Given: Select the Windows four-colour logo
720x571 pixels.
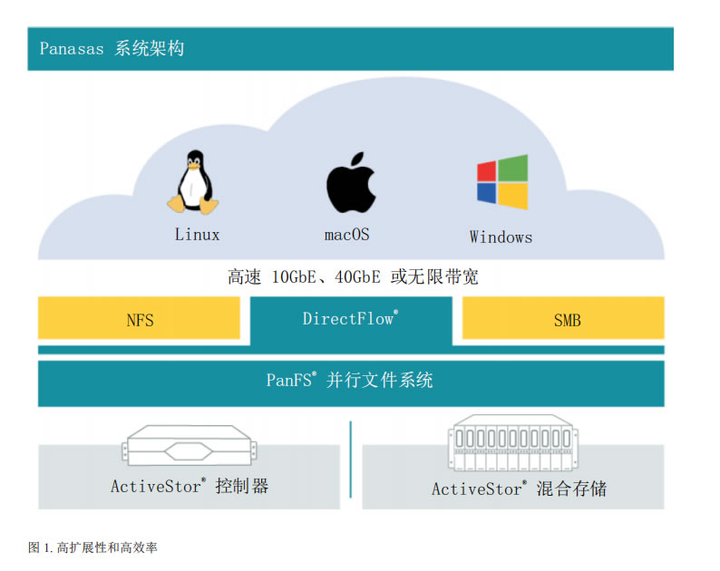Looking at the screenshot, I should [x=501, y=182].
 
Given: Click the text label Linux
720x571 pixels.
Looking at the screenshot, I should [x=197, y=235].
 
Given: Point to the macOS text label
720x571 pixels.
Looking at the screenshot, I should [x=347, y=235].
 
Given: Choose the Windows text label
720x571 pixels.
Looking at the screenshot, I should [x=501, y=237].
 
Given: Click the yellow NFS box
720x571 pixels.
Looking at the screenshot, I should [x=139, y=319].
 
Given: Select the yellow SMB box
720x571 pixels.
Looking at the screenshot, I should [x=563, y=319].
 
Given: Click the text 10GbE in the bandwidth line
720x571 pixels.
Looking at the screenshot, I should [x=297, y=277].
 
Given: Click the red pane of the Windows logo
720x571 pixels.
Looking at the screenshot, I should [x=487, y=170].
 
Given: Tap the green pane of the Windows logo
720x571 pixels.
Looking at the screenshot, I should [x=514, y=168].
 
